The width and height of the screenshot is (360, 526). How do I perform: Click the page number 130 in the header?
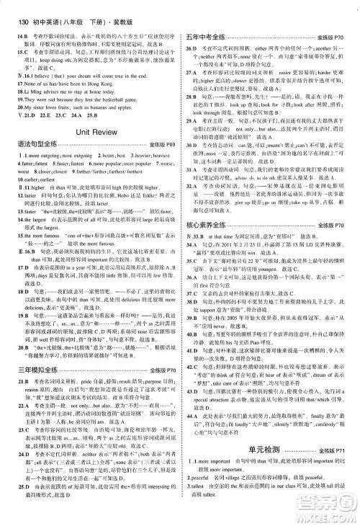coord(16,8)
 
